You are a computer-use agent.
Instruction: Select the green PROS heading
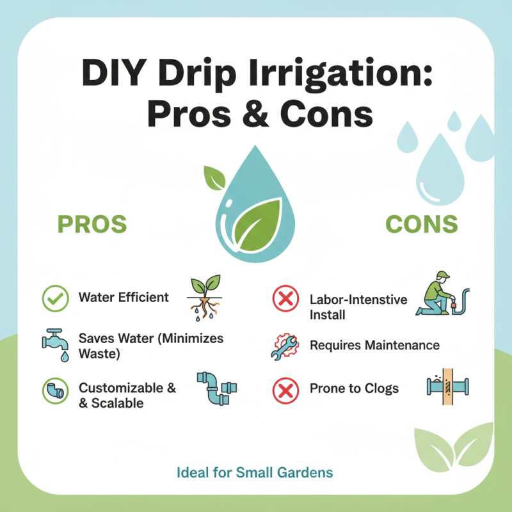(x=92, y=225)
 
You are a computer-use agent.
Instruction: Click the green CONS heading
(x=422, y=224)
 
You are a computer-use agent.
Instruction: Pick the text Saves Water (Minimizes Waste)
(x=150, y=346)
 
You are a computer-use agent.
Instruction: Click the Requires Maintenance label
(x=374, y=346)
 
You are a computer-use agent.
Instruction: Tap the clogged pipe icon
(x=446, y=387)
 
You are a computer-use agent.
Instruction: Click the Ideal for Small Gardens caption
(x=254, y=473)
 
